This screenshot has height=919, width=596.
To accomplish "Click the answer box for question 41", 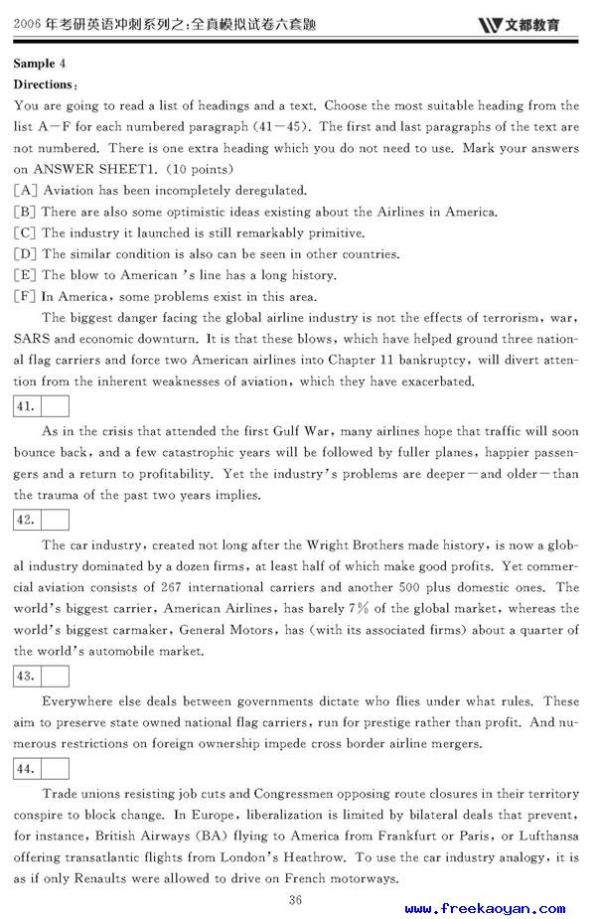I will coord(56,405).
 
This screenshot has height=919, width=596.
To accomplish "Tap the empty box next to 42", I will coord(56,520).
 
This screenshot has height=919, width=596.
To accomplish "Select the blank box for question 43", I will coord(56,676).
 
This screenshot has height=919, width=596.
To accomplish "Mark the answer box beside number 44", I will coord(56,768).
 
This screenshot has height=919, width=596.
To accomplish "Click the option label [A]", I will coord(26,190).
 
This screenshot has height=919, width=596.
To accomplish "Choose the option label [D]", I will coord(26,254).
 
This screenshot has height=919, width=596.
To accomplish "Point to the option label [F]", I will coord(26,296).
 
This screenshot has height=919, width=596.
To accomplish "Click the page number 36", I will coord(295,900).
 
